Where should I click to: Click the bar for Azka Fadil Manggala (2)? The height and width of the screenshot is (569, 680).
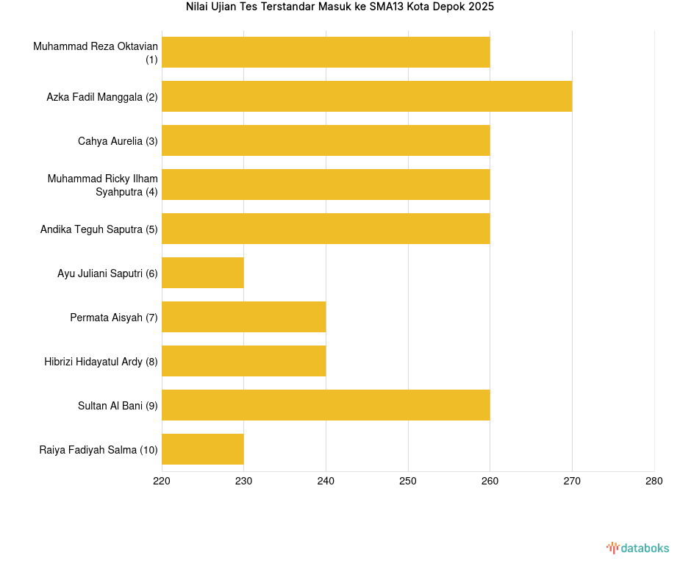click(366, 96)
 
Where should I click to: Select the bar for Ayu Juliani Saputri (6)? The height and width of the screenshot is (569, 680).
click(202, 273)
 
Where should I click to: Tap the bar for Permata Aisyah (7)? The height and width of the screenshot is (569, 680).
click(243, 317)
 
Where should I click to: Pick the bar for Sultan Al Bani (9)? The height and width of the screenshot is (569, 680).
click(326, 405)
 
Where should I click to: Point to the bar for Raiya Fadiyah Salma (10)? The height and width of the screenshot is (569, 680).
click(202, 449)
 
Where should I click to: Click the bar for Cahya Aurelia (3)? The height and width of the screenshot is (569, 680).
click(326, 140)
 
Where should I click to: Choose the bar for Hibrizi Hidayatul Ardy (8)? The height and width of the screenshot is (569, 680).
click(243, 361)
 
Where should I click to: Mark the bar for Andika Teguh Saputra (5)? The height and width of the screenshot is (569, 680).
click(326, 229)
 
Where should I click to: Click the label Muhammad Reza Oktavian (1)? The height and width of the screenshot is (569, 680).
click(96, 53)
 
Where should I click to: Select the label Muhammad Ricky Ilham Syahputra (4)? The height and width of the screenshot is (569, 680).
click(103, 185)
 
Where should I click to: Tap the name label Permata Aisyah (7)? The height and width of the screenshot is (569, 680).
click(114, 318)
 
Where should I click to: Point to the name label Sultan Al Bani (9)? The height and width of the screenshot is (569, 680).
click(118, 406)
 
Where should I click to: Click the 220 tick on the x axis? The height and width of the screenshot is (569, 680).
click(162, 482)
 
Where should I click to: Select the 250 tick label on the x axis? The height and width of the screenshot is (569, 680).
click(408, 482)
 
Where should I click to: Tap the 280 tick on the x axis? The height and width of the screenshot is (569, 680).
click(654, 482)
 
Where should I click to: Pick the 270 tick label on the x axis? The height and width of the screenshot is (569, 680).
click(572, 482)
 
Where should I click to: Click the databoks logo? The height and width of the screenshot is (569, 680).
click(638, 548)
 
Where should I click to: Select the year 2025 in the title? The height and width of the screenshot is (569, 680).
click(482, 7)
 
